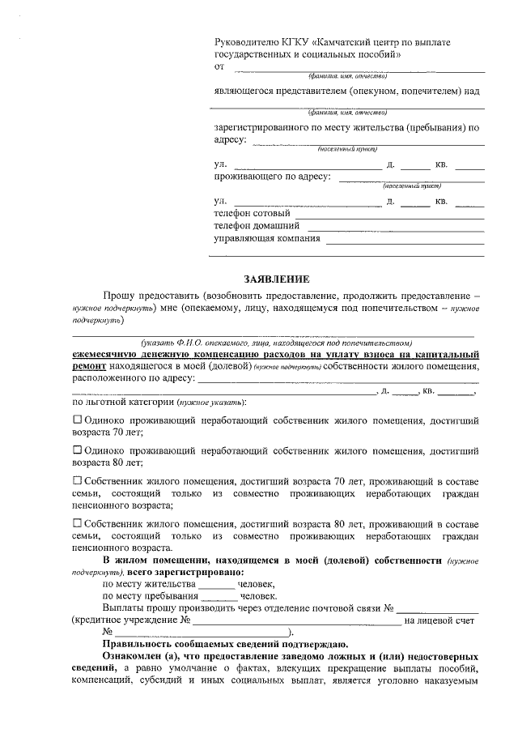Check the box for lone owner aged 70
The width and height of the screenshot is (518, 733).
click(78, 420)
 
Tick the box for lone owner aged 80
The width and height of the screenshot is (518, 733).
click(78, 450)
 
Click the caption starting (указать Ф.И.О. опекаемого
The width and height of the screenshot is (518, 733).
click(275, 343)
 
